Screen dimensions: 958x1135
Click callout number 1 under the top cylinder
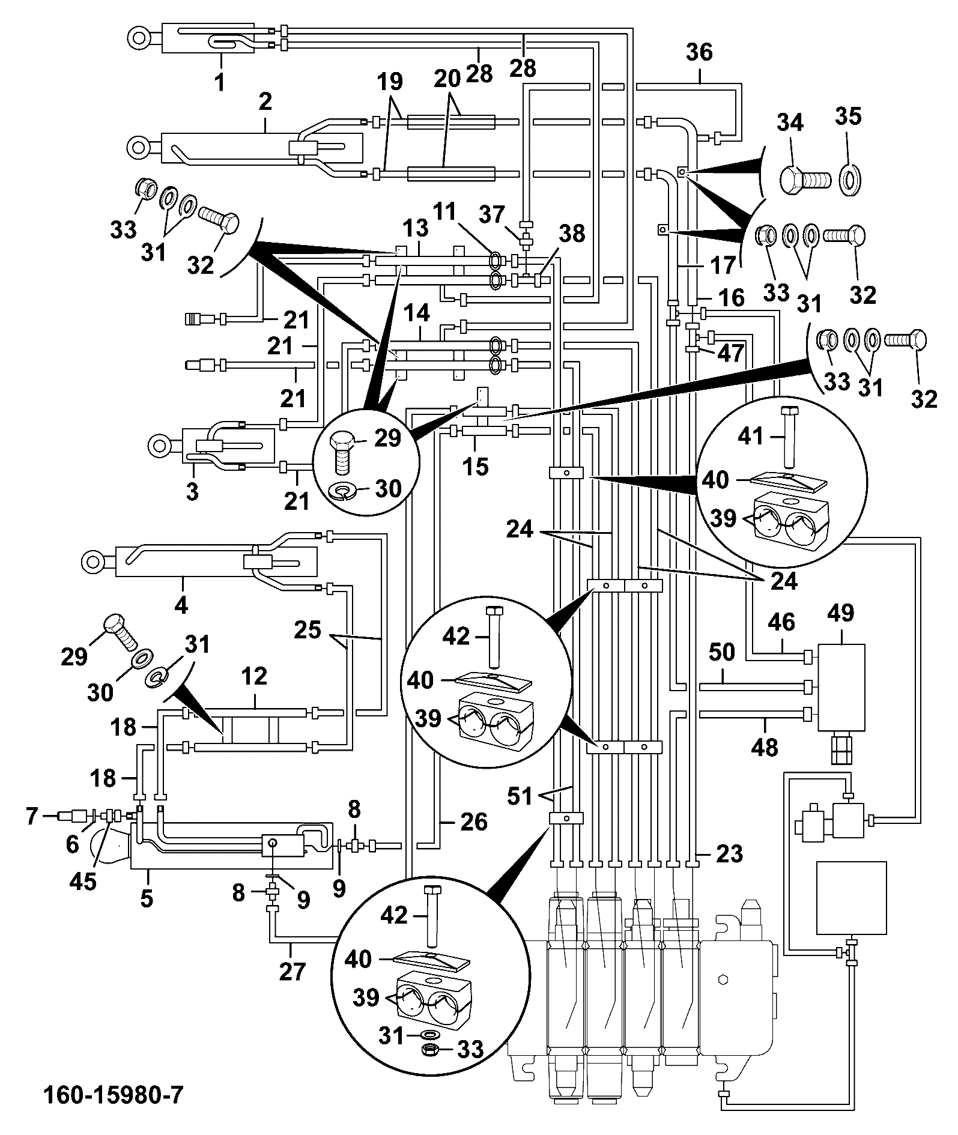(220, 81)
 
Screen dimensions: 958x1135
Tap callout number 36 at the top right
(699, 53)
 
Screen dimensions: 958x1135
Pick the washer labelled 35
(850, 179)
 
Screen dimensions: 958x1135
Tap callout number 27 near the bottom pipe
(293, 970)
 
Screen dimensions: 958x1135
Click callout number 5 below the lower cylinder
(147, 899)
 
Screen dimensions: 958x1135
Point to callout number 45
(83, 881)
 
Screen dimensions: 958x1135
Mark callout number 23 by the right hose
(729, 853)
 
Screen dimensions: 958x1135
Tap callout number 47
(730, 353)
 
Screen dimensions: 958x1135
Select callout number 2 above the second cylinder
(265, 101)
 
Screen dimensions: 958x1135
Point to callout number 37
(492, 213)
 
